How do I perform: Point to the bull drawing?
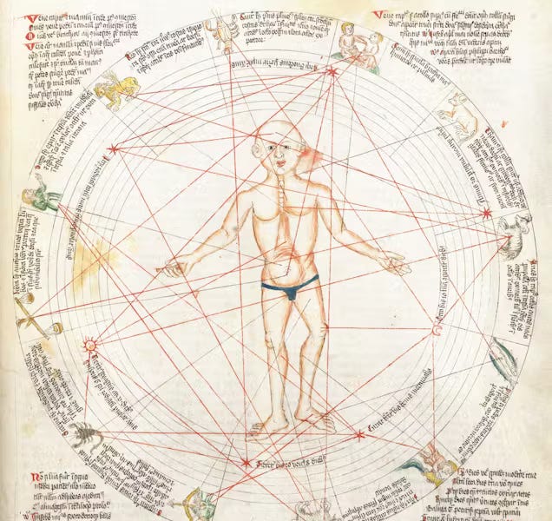pyautogui.click(x=457, y=120)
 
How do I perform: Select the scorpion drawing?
pyautogui.click(x=87, y=433)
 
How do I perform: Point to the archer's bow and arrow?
pyautogui.click(x=198, y=501)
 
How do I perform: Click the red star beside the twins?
pyautogui.click(x=331, y=72)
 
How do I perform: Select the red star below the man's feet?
pyautogui.click(x=246, y=462)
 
